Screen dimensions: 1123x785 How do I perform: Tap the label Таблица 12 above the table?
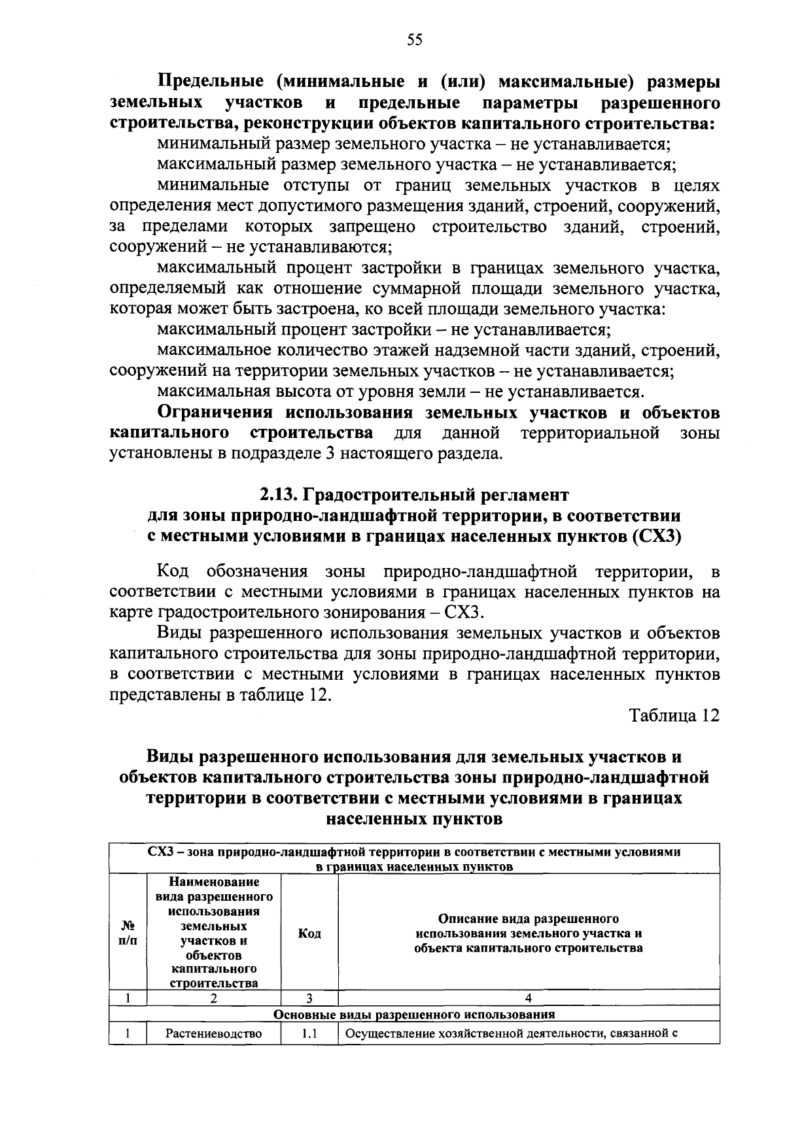[x=674, y=715]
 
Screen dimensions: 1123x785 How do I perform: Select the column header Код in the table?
[x=309, y=933]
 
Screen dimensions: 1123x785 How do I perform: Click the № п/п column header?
[x=128, y=933]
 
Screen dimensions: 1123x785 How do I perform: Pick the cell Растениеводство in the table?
[x=214, y=1034]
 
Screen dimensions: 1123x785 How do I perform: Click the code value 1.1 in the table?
[x=309, y=1034]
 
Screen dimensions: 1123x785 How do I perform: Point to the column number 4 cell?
[x=529, y=998]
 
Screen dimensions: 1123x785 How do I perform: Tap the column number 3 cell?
[x=309, y=998]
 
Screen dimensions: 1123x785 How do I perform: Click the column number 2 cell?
[x=214, y=998]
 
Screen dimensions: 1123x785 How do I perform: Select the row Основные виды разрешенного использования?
[x=414, y=1015]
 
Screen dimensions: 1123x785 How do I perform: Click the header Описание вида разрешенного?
[x=529, y=918]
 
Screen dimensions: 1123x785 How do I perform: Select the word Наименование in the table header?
[x=214, y=882]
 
